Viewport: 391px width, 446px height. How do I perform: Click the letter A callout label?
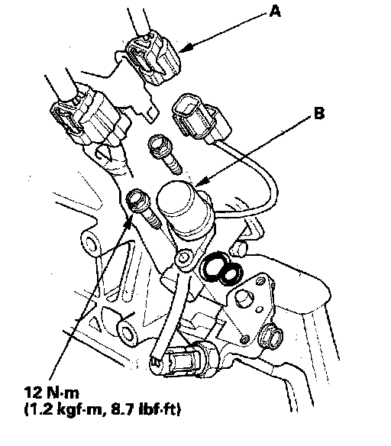pos(275,11)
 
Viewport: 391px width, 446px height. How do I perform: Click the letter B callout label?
pos(319,113)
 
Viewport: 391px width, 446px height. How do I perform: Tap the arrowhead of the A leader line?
pos(184,49)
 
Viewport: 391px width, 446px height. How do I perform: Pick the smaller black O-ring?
pos(231,274)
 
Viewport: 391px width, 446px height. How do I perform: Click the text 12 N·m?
pos(51,393)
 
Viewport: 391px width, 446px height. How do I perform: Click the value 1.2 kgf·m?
pos(64,409)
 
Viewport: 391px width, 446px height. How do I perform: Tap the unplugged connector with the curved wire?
pos(202,118)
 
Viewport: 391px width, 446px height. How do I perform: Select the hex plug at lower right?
pos(271,337)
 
